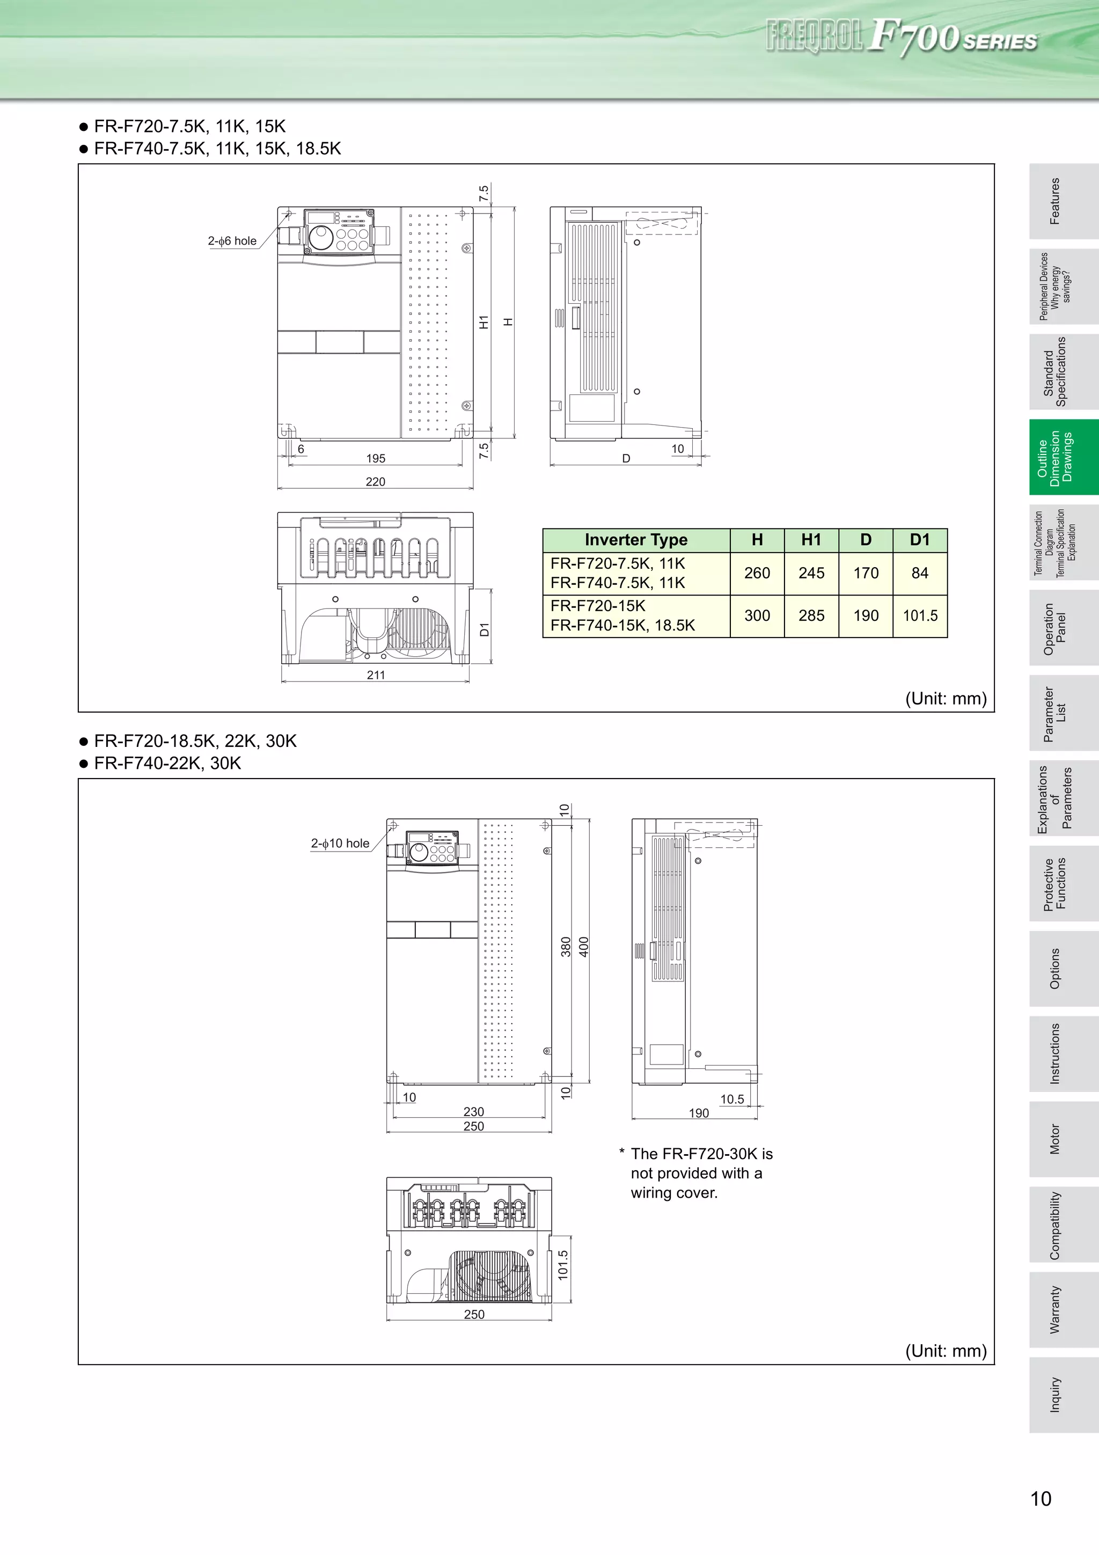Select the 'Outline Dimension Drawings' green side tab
pos(1063,457)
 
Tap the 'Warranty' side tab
pos(1063,1309)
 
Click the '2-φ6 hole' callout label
pos(232,241)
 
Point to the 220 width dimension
pos(375,481)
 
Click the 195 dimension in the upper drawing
pos(375,459)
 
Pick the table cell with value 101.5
pos(920,615)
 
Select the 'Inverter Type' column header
pos(636,540)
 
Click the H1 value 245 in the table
pos(811,573)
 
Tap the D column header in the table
pos(866,540)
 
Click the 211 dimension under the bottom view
pos(376,674)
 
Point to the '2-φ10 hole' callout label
pos(340,843)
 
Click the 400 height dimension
pos(584,946)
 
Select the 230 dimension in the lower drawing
pos(473,1111)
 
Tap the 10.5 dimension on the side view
pos(732,1099)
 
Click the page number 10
pos(1040,1499)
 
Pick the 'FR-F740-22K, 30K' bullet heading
pos(167,763)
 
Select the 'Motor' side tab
pos(1063,1139)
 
